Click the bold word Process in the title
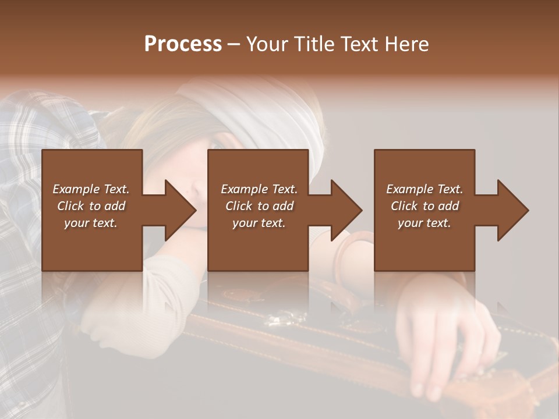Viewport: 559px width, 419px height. (x=183, y=44)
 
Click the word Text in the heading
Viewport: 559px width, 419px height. (x=358, y=44)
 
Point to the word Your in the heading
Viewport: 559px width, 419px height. (x=267, y=44)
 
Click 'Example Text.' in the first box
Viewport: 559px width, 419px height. (x=91, y=189)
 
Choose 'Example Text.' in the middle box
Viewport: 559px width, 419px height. (x=259, y=189)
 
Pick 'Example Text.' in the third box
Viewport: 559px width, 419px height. (x=424, y=189)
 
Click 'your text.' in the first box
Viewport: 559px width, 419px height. (x=91, y=223)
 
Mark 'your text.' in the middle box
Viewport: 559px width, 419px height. (x=259, y=223)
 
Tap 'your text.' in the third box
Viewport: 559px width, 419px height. (x=424, y=223)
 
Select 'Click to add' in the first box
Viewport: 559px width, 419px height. (x=91, y=206)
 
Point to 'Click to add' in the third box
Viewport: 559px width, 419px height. (x=424, y=206)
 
